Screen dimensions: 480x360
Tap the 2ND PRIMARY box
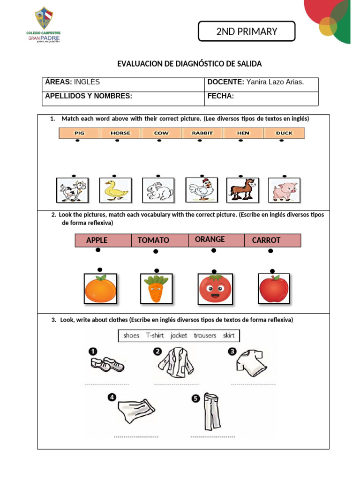click(247, 31)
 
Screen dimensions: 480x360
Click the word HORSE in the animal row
click(120, 133)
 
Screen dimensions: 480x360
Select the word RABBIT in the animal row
click(202, 133)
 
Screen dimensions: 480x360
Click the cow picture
click(72, 190)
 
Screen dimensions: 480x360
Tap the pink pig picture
click(284, 190)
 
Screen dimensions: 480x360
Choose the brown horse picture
click(243, 189)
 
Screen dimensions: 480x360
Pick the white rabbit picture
click(158, 190)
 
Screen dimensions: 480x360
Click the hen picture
click(201, 190)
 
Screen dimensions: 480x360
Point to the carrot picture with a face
click(157, 289)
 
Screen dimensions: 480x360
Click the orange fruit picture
click(100, 289)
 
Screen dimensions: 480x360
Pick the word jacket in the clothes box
click(179, 336)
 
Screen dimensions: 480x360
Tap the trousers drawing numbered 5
click(210, 411)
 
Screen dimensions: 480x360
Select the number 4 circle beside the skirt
click(112, 397)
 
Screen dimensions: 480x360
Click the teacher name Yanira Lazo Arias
click(274, 82)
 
